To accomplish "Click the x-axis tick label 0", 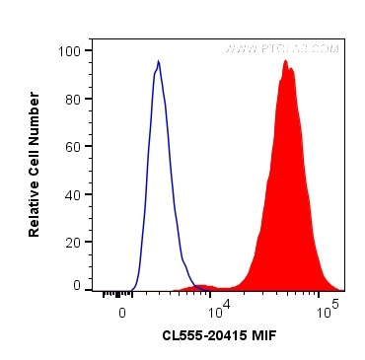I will point(122,312).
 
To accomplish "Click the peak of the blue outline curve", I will point(158,62).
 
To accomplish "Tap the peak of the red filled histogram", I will point(285,61).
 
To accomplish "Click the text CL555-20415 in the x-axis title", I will point(202,336).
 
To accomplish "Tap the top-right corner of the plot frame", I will point(344,38).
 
